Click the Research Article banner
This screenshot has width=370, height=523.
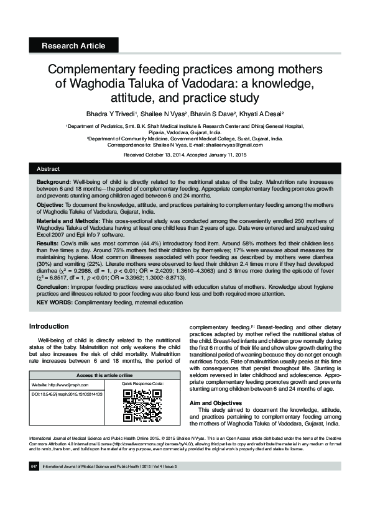tap(73, 45)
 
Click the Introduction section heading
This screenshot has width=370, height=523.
tap(49, 327)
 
